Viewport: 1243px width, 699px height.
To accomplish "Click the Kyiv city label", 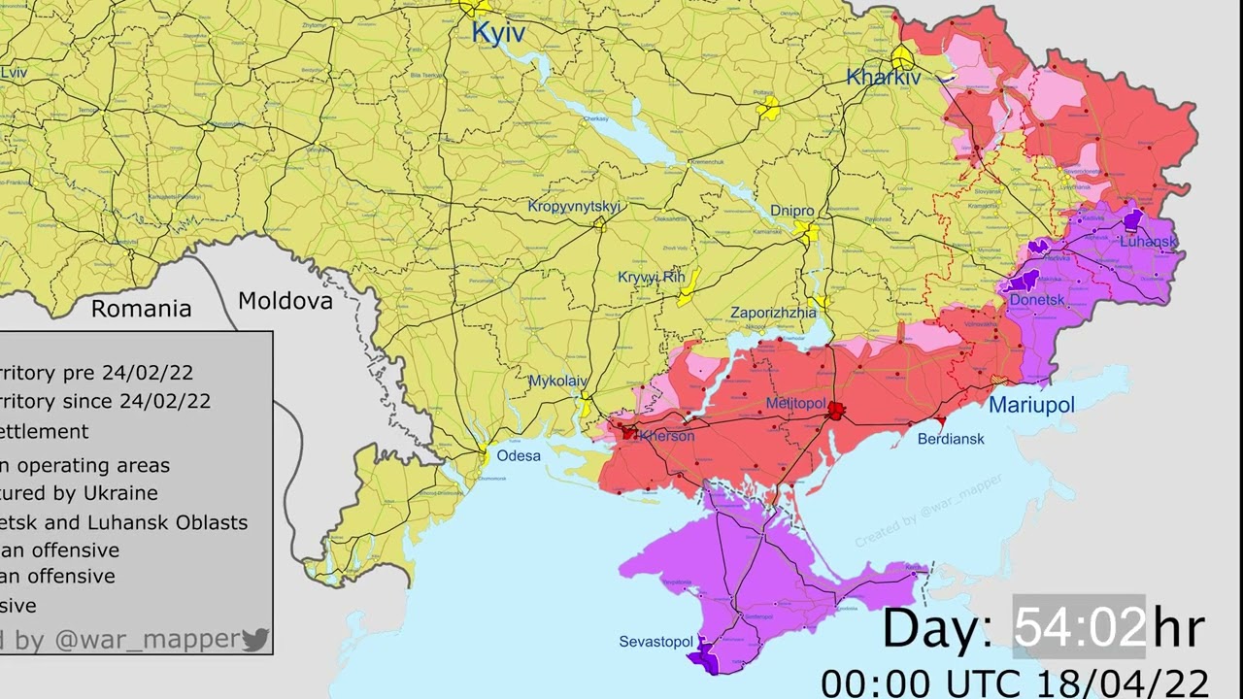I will [x=498, y=33].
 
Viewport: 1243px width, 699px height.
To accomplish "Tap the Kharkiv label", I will [x=883, y=77].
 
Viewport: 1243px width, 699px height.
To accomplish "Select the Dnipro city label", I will [x=791, y=211].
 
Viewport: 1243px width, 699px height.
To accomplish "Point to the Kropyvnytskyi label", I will [x=574, y=206].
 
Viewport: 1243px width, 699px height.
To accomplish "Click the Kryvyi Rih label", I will [x=651, y=277].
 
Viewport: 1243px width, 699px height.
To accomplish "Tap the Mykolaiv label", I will [x=557, y=382].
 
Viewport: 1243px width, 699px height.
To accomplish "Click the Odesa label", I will [x=519, y=455].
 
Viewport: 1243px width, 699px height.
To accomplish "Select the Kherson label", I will [x=666, y=436].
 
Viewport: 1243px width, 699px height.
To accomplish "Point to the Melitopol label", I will [x=795, y=403].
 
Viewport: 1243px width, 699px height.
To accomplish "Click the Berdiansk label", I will [x=951, y=439].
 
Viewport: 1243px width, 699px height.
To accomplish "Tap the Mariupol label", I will [x=1031, y=405].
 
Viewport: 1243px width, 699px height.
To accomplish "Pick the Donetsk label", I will [x=1037, y=300].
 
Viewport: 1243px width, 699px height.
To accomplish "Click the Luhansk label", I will [x=1148, y=241].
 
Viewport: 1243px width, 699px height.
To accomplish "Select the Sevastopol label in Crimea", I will [x=656, y=642].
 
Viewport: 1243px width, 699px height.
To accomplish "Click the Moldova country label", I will [x=286, y=301].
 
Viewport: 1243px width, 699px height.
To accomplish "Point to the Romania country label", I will [x=141, y=309].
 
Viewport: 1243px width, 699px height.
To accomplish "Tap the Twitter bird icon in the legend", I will [x=255, y=639].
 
